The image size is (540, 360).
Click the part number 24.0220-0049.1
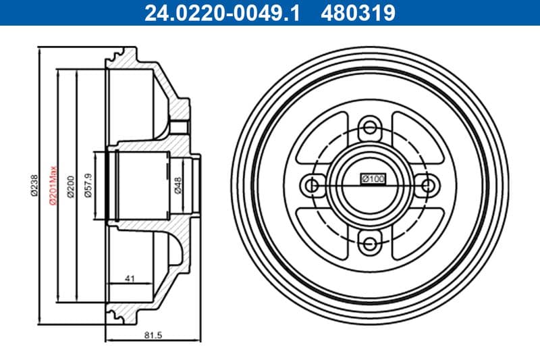[219, 12]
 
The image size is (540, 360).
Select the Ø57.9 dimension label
[88, 184]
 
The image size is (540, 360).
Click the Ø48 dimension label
[178, 184]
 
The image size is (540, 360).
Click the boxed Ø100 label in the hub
[373, 179]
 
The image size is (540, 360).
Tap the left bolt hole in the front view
[311, 184]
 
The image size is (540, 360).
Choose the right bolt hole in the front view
[426, 184]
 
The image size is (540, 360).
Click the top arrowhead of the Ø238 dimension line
[41, 50]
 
